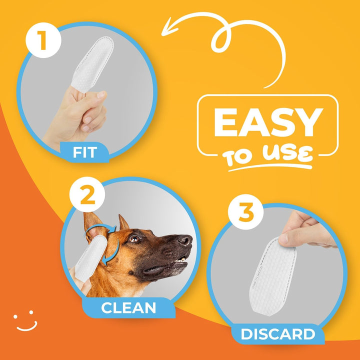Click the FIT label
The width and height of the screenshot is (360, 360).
(84, 151)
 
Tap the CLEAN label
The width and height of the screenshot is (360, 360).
(129, 306)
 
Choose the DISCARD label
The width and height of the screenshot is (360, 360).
(278, 333)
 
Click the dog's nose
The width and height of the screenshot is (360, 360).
(185, 240)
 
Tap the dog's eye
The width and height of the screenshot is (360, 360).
(134, 239)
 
